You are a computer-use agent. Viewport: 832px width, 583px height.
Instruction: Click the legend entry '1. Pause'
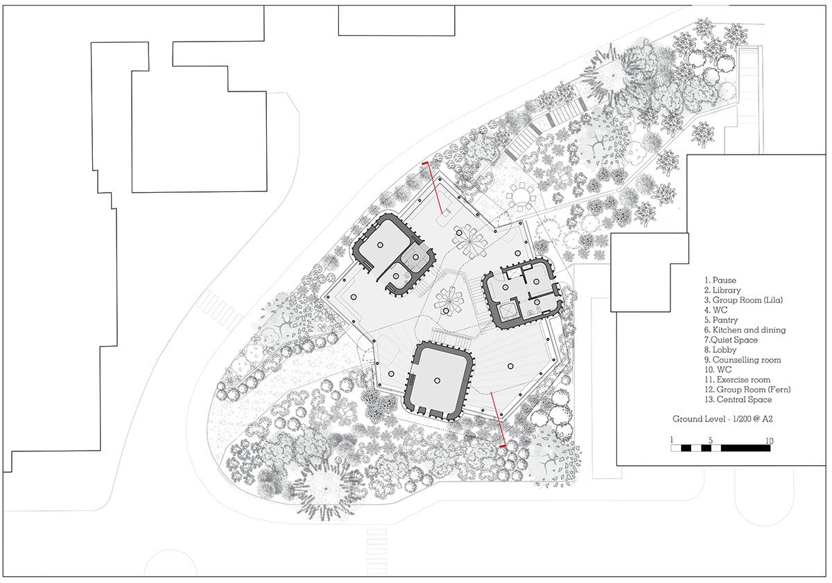(x=720, y=280)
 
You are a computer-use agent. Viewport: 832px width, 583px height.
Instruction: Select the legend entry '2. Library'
(x=722, y=290)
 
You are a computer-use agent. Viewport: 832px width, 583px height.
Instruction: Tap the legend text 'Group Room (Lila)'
(x=747, y=300)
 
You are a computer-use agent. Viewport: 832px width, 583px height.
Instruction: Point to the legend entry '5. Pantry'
(x=721, y=320)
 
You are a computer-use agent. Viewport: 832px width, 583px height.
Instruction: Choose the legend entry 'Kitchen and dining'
(x=749, y=330)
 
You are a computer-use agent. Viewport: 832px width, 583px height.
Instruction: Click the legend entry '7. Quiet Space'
(x=731, y=340)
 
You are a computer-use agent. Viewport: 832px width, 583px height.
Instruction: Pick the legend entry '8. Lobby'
(x=720, y=350)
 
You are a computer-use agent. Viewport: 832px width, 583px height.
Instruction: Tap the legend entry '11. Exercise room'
(x=737, y=380)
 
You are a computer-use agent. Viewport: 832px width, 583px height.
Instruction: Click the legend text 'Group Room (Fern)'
(x=754, y=390)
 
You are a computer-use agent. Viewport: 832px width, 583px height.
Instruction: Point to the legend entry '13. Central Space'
(x=738, y=399)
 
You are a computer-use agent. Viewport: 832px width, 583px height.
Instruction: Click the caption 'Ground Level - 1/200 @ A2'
(x=722, y=419)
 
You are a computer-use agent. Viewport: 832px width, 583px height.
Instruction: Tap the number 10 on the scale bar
(x=769, y=441)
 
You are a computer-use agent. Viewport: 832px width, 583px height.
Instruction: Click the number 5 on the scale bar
(x=711, y=441)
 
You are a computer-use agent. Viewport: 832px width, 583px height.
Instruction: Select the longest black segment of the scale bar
(x=745, y=449)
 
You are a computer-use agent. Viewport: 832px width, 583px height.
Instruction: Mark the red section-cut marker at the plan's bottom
(x=497, y=419)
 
